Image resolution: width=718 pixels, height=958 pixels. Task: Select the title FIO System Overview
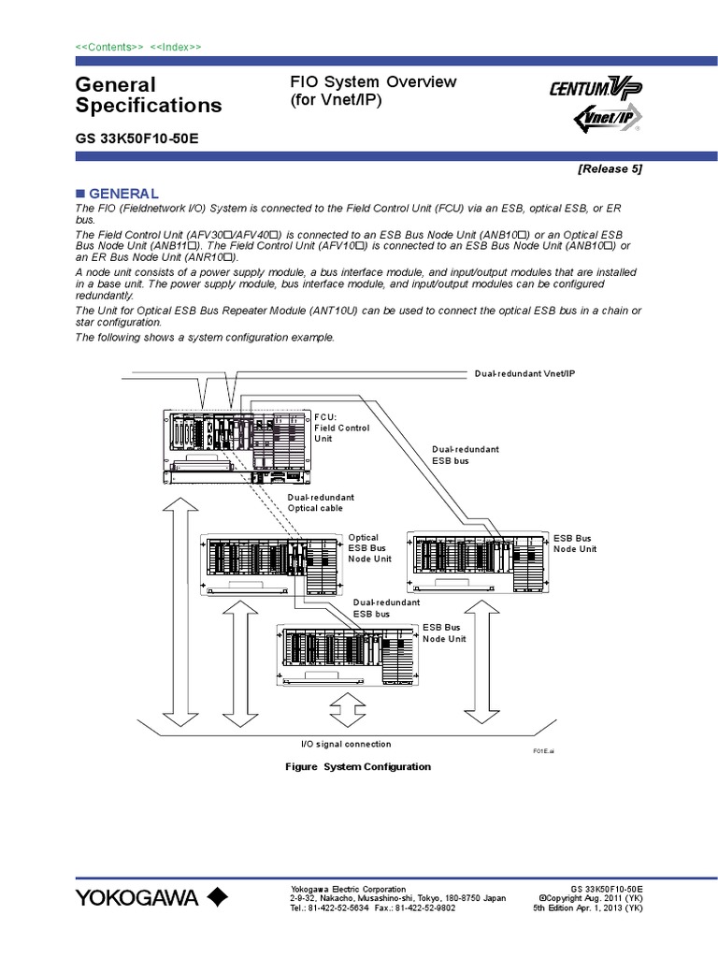[x=373, y=82]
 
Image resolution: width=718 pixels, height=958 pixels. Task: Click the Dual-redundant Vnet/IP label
[x=524, y=373]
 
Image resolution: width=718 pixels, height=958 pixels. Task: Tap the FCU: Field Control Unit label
[x=341, y=427]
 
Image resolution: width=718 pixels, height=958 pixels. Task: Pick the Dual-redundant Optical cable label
[x=320, y=502]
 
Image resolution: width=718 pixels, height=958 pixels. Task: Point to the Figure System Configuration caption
[x=357, y=766]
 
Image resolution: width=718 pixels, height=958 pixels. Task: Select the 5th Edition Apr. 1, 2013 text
[x=587, y=908]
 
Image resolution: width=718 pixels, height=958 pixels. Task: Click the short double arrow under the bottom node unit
[x=346, y=703]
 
